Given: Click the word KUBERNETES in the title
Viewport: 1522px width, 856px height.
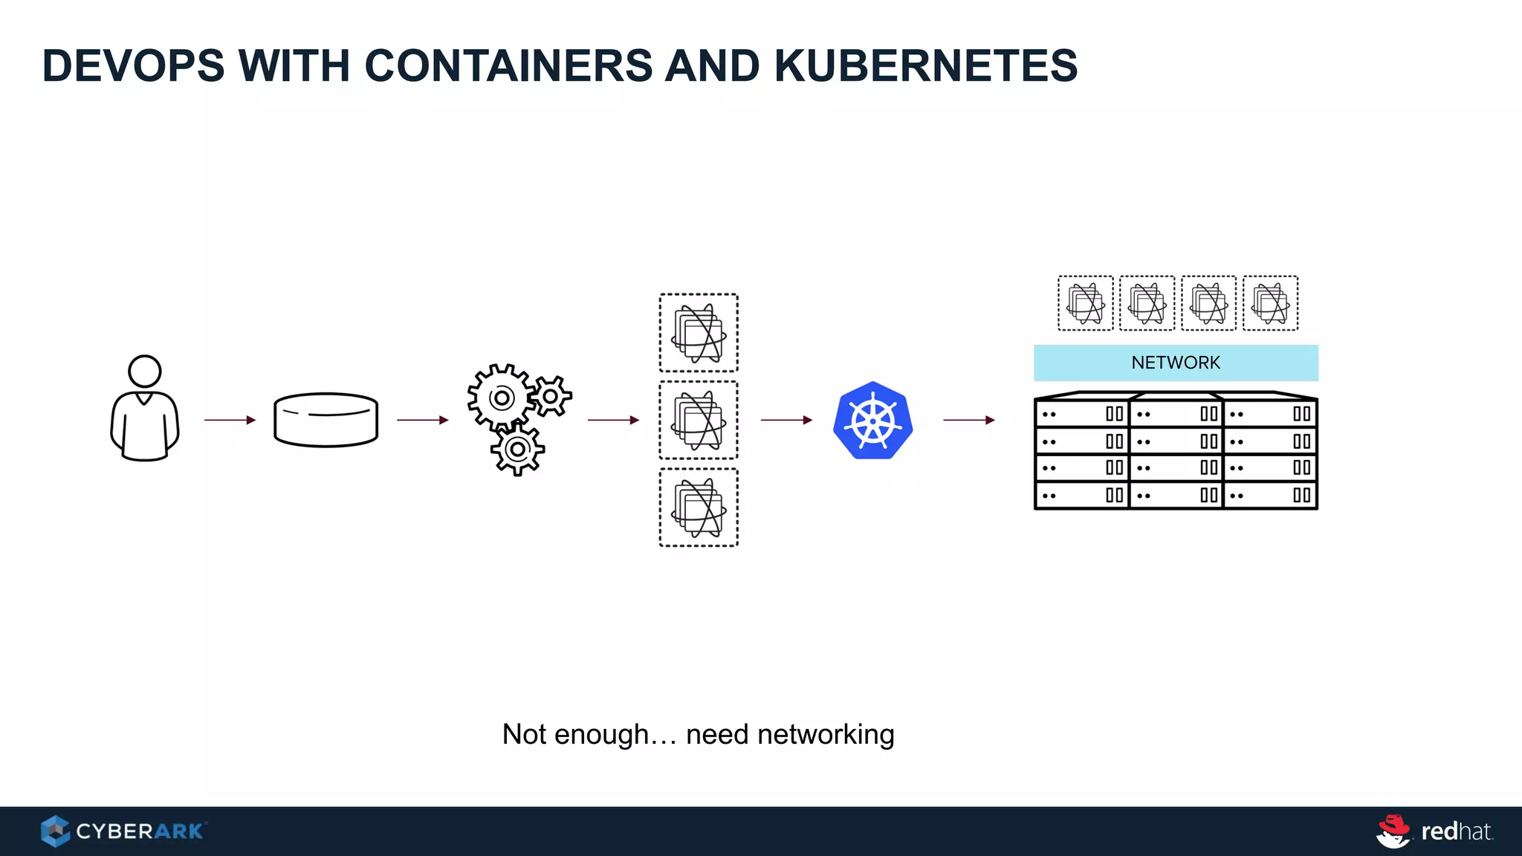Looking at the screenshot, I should pos(925,65).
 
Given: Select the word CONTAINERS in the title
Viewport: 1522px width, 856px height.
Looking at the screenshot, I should pos(508,65).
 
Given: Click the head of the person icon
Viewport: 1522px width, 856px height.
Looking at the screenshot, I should pos(145,371).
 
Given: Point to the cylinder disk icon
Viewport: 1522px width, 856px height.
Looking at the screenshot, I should pos(326,420).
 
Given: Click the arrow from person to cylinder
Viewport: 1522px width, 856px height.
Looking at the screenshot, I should pos(230,420).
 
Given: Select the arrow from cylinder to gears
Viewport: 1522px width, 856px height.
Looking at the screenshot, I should pos(422,420).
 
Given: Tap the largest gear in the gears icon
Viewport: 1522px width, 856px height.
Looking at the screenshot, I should pos(502,398).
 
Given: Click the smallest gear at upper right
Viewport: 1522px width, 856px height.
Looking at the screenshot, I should pos(551,396).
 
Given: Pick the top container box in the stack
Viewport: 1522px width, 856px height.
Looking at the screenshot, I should pos(699,333).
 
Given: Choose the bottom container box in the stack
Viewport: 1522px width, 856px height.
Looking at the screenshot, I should pos(699,508).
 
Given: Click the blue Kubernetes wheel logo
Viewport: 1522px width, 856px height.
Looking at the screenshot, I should pos(872,421).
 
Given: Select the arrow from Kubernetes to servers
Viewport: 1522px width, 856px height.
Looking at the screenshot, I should pos(968,420).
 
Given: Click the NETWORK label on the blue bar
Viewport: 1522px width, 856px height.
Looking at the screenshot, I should pos(1176,363).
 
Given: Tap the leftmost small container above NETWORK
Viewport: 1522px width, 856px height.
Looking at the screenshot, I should pos(1086,303).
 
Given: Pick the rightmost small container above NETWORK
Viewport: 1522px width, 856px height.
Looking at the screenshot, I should pos(1271,303).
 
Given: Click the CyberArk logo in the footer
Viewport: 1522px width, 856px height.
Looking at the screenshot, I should pos(123,831).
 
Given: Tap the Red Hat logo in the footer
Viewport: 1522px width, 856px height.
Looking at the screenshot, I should pos(1434,831).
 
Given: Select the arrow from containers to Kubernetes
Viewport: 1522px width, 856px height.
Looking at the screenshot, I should pos(786,420).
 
